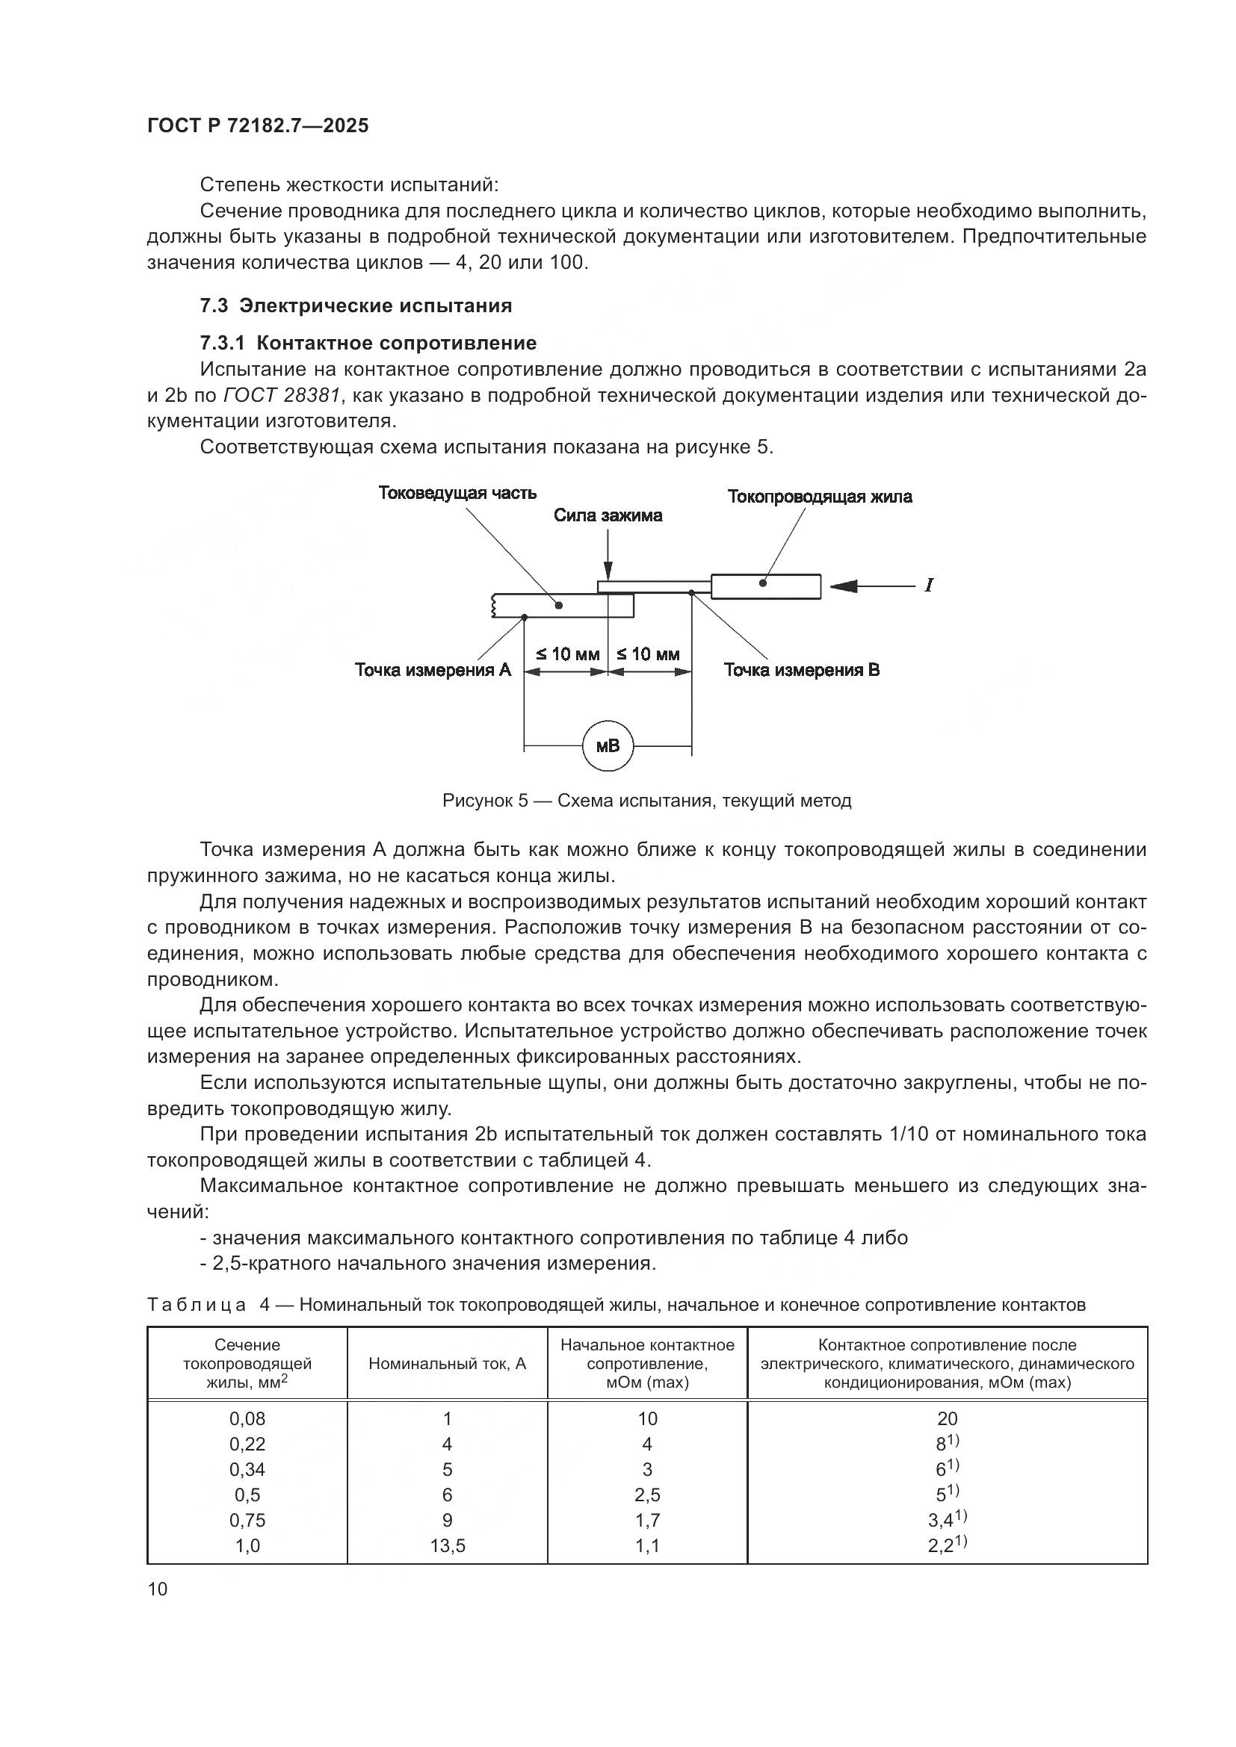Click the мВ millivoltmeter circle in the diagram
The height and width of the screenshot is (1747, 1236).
(608, 745)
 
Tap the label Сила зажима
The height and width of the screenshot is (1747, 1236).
(608, 516)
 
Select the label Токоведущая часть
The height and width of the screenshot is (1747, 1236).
(457, 493)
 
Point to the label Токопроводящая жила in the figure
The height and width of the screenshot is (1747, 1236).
(820, 497)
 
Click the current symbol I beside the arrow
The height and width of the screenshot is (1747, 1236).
(929, 585)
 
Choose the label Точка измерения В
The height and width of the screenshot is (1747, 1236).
(801, 669)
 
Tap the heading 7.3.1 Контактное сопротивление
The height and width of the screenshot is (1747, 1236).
(368, 343)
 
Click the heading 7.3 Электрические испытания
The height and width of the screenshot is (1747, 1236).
(356, 306)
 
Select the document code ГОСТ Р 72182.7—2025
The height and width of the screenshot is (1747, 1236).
(258, 126)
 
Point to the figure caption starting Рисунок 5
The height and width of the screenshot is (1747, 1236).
(647, 801)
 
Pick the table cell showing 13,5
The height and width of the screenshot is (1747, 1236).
(448, 1546)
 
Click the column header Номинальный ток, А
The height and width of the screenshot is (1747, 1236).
(448, 1364)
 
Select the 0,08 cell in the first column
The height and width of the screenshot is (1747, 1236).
(247, 1419)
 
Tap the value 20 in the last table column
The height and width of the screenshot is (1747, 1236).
(948, 1419)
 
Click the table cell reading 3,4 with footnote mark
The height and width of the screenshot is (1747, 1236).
(948, 1520)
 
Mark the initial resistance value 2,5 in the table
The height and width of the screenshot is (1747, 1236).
(647, 1495)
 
